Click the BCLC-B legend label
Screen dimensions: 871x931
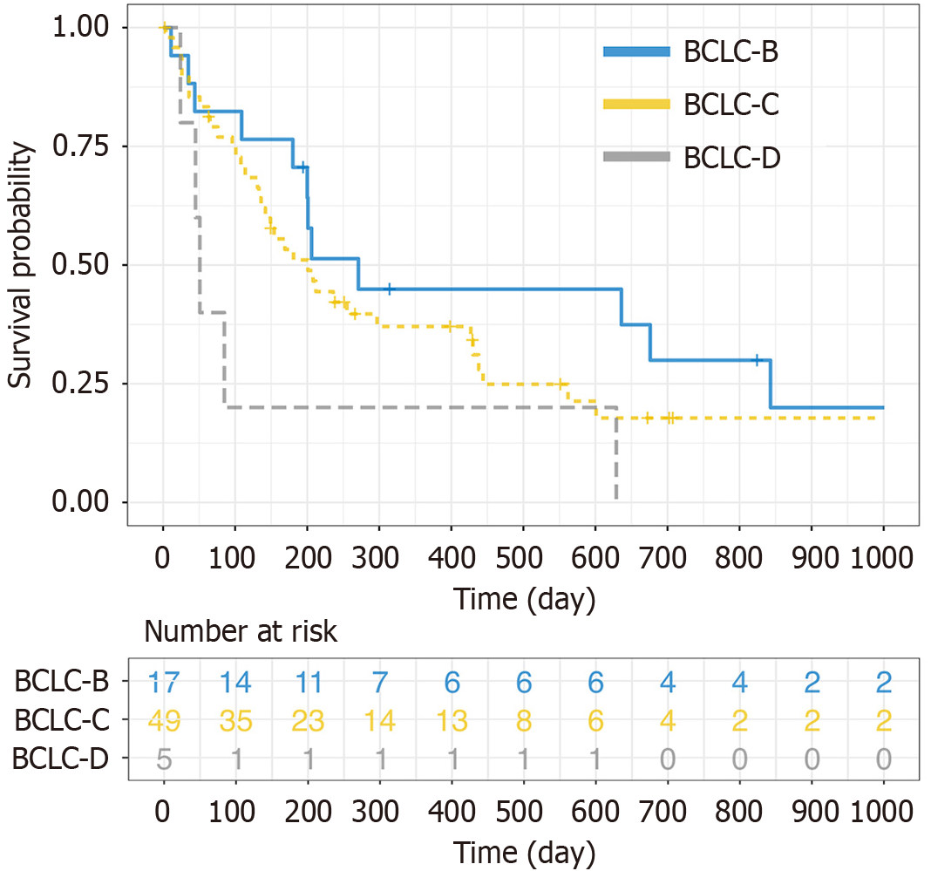[x=731, y=52]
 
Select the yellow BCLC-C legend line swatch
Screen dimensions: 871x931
[x=637, y=105]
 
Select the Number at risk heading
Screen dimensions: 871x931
[x=241, y=631]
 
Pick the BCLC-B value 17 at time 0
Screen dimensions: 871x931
[x=163, y=683]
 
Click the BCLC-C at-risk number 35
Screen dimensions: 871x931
[x=235, y=721]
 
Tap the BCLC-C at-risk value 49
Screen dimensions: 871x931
[x=163, y=721]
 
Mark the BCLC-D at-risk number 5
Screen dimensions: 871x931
[x=163, y=759]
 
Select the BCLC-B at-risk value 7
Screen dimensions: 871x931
[x=379, y=683]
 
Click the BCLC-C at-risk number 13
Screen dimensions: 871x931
[x=451, y=721]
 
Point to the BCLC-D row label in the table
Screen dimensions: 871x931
[x=61, y=759]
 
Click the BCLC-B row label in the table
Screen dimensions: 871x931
[x=61, y=683]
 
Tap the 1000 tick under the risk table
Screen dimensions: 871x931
[x=884, y=812]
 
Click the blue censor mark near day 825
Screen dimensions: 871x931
[x=758, y=359]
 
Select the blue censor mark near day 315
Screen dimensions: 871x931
[x=390, y=289]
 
